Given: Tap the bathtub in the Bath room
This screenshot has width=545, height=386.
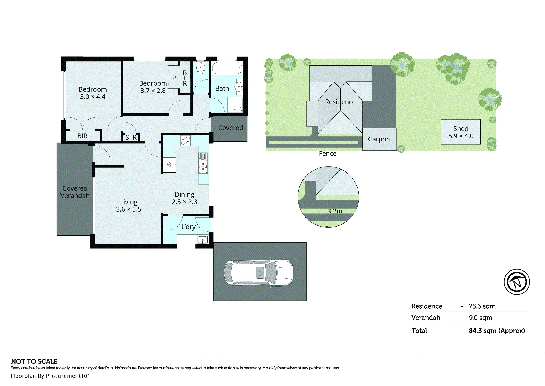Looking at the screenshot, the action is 227,68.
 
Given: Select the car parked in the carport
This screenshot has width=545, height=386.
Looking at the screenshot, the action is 259,273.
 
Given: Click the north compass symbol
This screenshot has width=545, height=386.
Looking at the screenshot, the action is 517,282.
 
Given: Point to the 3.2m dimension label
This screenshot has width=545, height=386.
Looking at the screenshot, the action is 335,211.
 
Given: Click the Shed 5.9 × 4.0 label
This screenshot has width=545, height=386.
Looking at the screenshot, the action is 461,132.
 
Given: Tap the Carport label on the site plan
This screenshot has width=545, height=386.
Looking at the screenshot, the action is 380,139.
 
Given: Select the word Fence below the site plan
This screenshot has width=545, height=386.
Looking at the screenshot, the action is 328,154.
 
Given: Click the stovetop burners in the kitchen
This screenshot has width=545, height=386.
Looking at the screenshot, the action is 185,141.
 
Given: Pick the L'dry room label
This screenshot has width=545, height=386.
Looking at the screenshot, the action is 189,227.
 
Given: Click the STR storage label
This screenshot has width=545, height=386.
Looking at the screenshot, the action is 131,137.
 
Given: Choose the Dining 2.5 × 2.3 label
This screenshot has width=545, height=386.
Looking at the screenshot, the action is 184,198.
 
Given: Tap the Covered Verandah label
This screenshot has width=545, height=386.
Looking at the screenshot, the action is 75,192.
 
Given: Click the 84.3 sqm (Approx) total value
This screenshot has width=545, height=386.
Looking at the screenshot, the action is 496,331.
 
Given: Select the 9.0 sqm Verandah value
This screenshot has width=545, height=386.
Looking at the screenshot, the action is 480,318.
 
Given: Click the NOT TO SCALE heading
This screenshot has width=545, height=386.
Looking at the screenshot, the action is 34,361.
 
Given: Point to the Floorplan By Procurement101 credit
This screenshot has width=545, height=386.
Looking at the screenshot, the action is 50,376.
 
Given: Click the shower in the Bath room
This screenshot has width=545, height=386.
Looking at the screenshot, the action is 235,105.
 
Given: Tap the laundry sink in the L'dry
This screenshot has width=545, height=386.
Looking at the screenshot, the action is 202,240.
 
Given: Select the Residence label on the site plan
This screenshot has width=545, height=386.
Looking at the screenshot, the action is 340,102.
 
